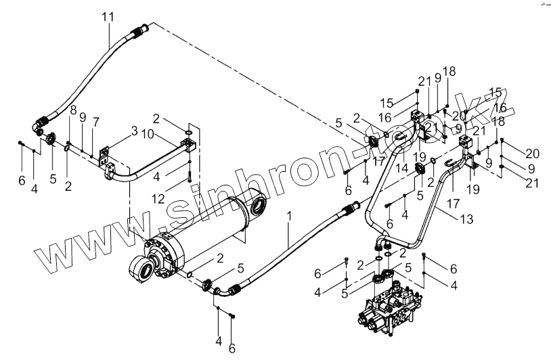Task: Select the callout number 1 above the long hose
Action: click(x=289, y=217)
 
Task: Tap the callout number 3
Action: click(x=134, y=129)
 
